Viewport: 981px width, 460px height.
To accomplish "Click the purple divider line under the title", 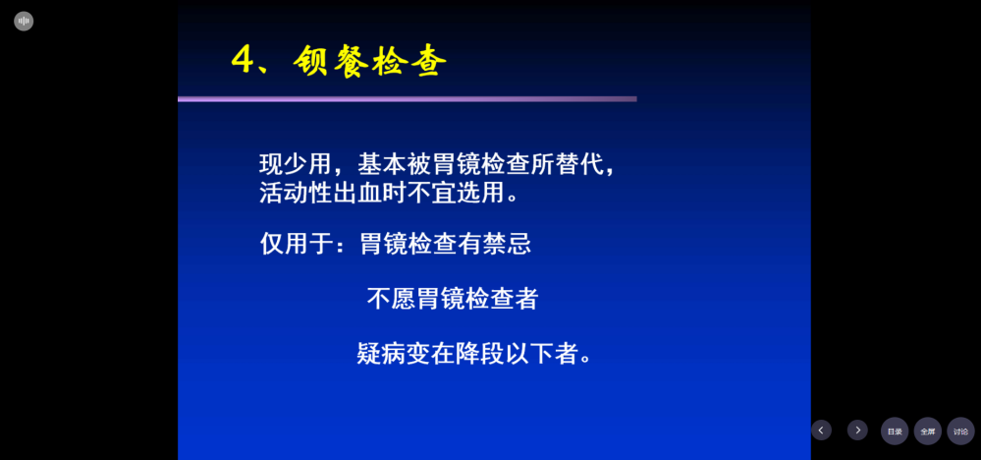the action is (408, 99).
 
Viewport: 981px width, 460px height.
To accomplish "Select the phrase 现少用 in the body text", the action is (294, 164).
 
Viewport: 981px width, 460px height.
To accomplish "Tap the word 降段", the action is (478, 354).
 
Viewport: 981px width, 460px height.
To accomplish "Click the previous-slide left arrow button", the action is (821, 430).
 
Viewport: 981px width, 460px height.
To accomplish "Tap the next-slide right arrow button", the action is (857, 430).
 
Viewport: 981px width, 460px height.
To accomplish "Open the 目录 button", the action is (895, 431).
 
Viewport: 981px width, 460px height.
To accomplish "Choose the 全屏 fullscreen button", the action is (928, 431).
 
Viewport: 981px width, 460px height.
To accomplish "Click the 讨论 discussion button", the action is (961, 431).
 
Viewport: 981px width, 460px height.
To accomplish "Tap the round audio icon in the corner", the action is (24, 22).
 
